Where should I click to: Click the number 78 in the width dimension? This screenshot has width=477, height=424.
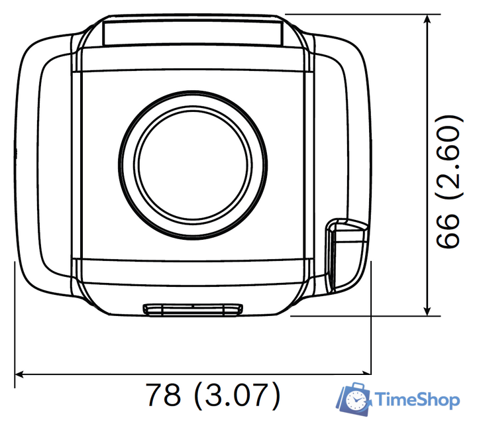164,394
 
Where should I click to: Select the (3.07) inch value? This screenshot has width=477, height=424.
237,395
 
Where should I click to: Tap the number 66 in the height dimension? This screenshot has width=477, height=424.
447,231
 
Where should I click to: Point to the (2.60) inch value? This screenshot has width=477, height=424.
450,157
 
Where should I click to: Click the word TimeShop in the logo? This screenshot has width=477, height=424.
417,399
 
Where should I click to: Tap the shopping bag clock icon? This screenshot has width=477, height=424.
354,399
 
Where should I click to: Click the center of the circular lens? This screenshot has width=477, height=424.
193,165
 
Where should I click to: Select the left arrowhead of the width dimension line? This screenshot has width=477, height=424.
19,374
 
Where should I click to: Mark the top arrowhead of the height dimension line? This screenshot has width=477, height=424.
427,19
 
